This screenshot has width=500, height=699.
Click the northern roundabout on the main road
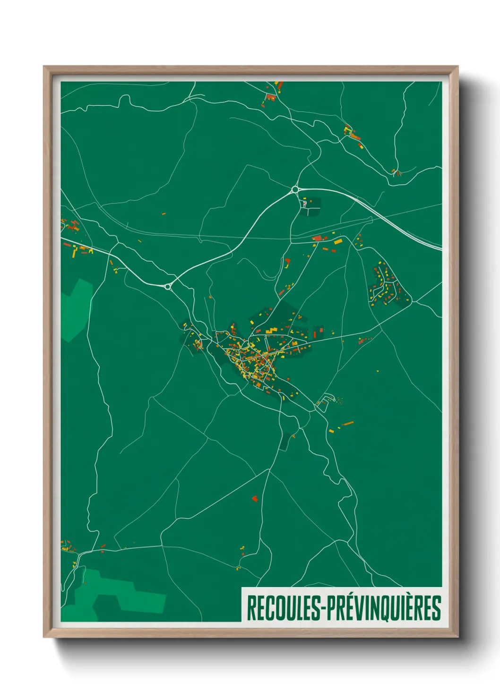295,189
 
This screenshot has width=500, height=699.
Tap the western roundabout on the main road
168,286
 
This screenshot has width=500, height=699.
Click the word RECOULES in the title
284,608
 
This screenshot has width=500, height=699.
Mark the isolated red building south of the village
255,498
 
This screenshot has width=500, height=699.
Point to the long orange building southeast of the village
348,424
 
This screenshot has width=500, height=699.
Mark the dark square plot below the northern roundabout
310,206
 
